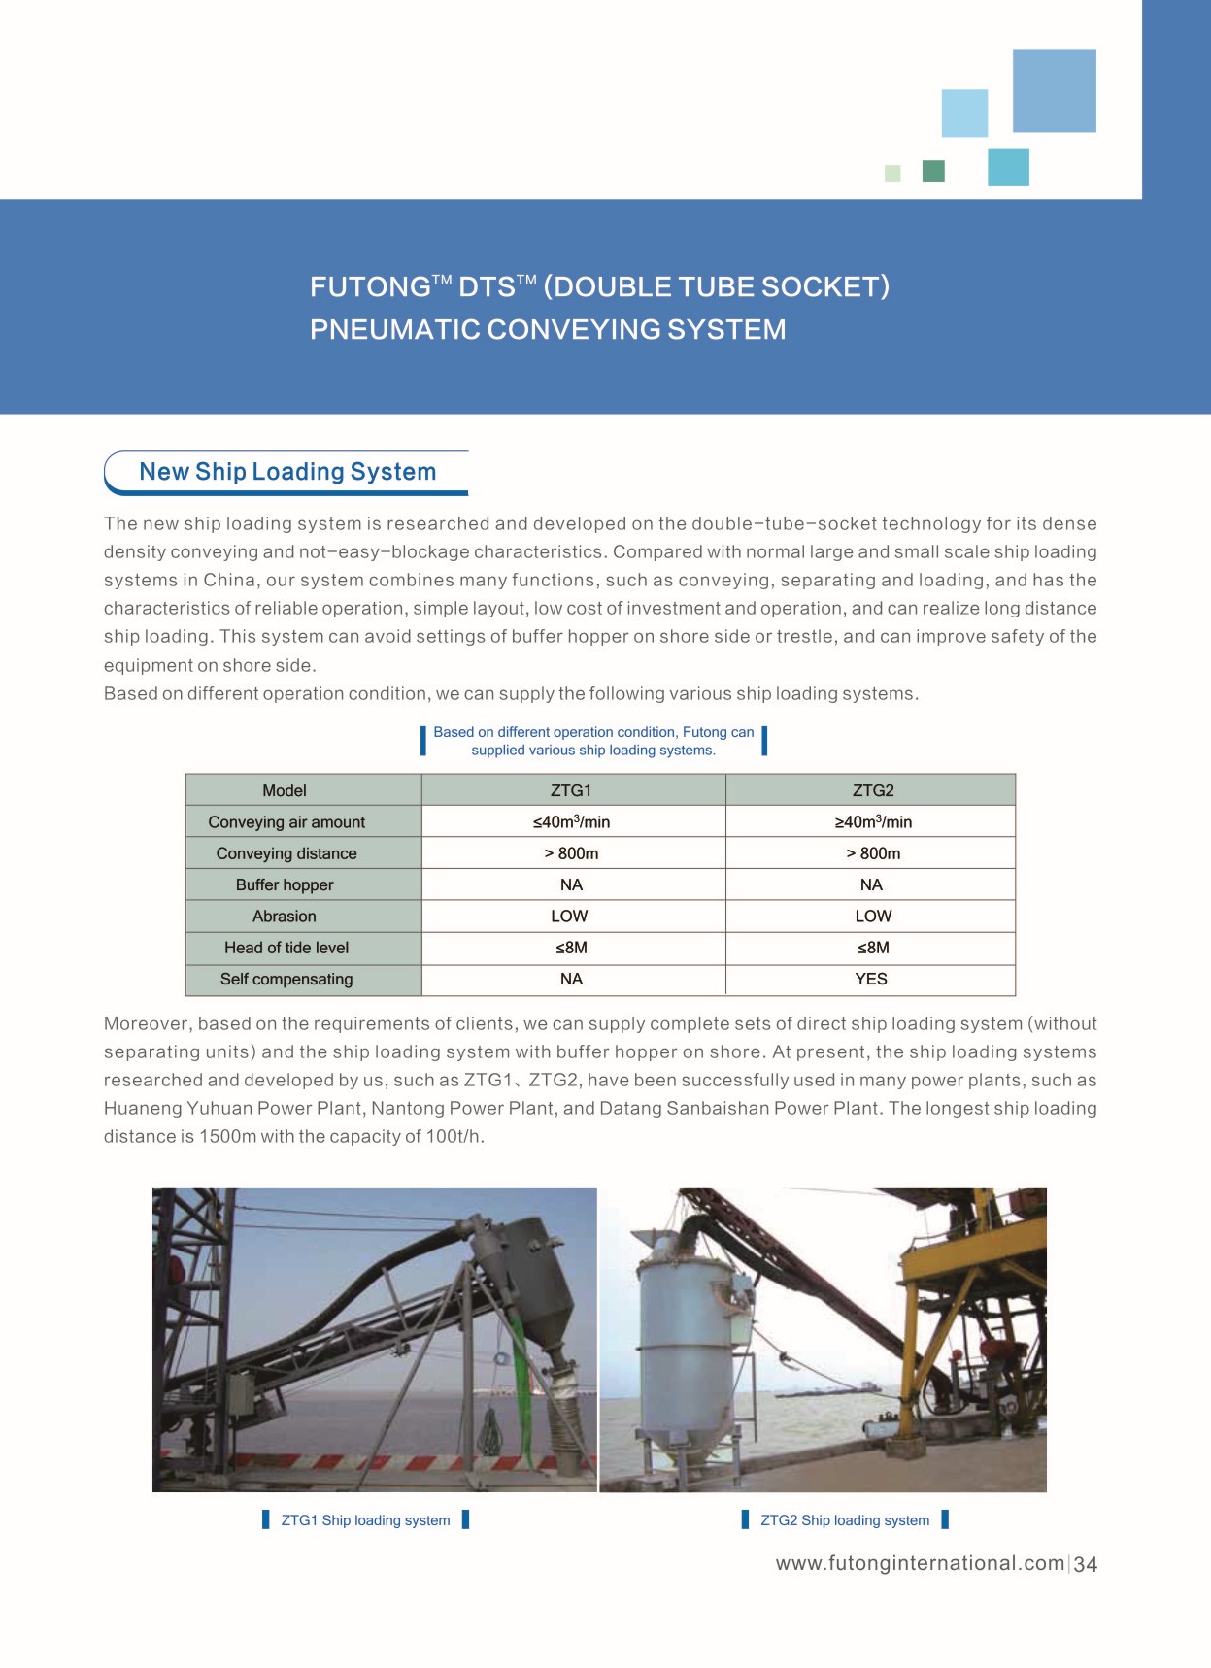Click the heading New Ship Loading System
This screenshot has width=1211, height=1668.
pyautogui.click(x=287, y=472)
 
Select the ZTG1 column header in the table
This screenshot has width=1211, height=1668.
pyautogui.click(x=571, y=790)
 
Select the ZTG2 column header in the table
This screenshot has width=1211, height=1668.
pyautogui.click(x=873, y=790)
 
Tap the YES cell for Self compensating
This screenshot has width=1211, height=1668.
pyautogui.click(x=871, y=979)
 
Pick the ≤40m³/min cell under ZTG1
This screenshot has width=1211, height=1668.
pyautogui.click(x=571, y=822)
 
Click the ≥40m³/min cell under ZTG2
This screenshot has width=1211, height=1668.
pyautogui.click(x=873, y=822)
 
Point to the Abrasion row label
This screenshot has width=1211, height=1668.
pyautogui.click(x=285, y=917)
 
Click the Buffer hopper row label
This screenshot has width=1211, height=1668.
pyautogui.click(x=285, y=884)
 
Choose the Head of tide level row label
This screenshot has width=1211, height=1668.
pyautogui.click(x=286, y=948)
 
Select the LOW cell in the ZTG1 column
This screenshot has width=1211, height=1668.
pyautogui.click(x=569, y=917)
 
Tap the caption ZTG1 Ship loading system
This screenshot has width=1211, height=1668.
pyautogui.click(x=365, y=1520)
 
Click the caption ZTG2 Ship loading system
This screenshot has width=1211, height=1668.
pyautogui.click(x=845, y=1520)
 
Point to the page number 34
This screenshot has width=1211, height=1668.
pyautogui.click(x=1086, y=1564)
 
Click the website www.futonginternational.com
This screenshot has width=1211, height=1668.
pyautogui.click(x=920, y=1563)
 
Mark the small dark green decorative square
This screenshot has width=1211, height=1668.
pyautogui.click(x=933, y=171)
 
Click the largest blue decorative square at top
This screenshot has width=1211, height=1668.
pyautogui.click(x=1054, y=90)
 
